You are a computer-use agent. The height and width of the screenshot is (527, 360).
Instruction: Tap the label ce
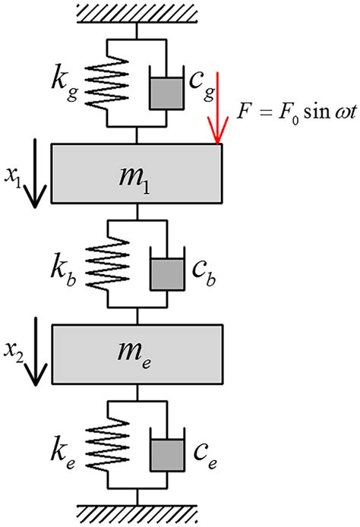pyautogui.click(x=203, y=447)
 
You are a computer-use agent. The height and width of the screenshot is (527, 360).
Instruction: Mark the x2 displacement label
pyautogui.click(x=16, y=351)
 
